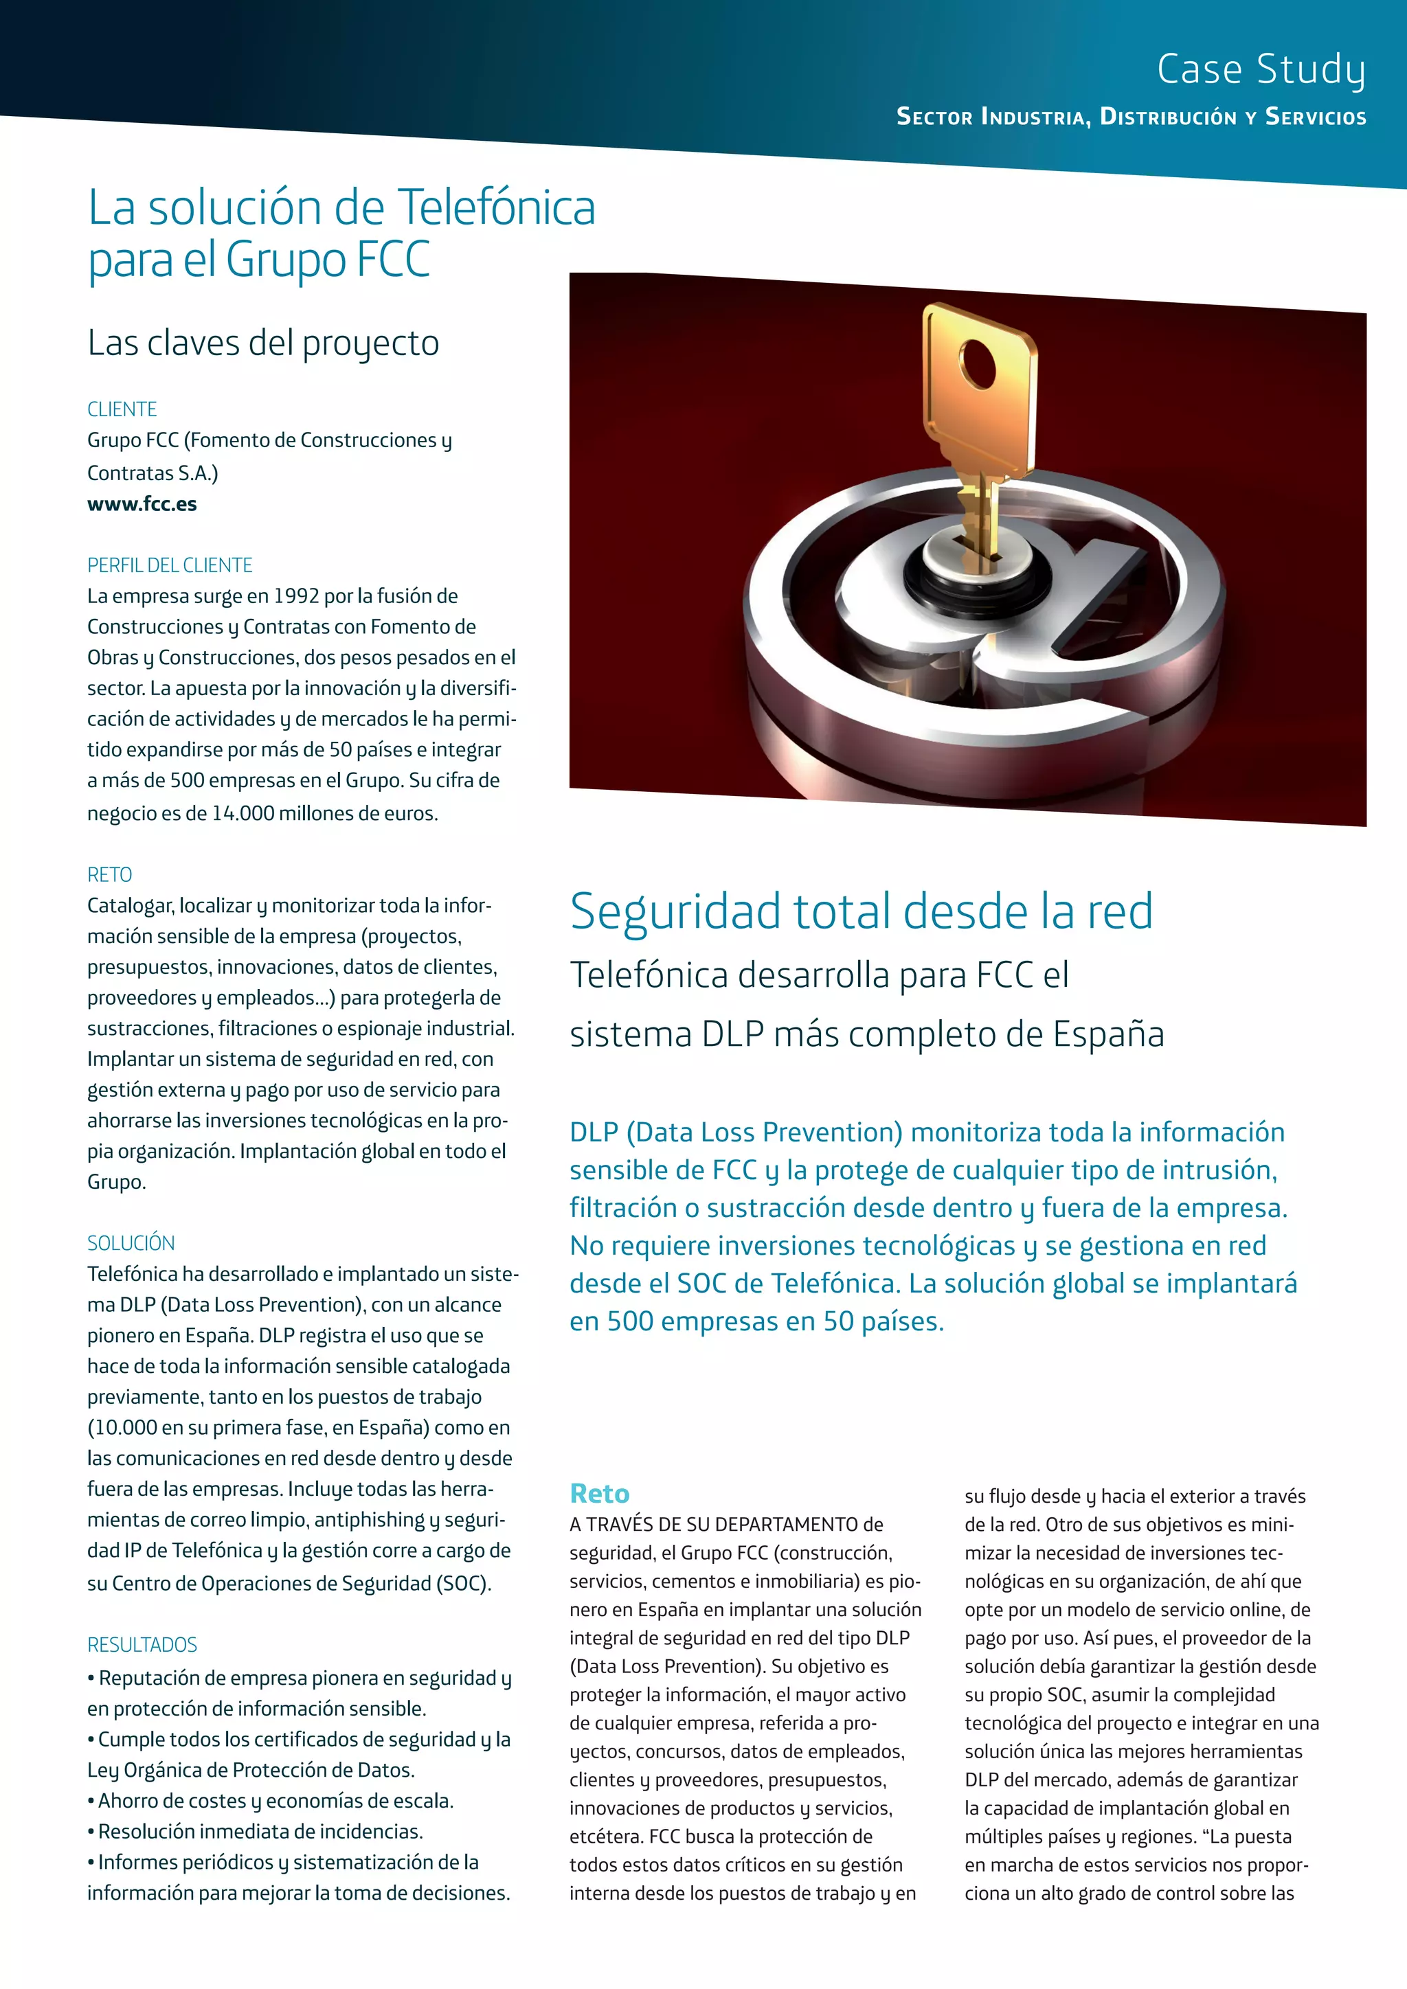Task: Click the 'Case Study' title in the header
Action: [x=1261, y=69]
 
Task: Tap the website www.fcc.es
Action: [x=142, y=504]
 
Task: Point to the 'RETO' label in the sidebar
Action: [x=110, y=874]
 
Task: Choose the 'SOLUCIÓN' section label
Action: [x=131, y=1242]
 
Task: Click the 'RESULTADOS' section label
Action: [x=142, y=1644]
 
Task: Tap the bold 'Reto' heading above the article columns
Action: [x=600, y=1494]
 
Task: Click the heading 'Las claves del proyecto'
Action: [x=263, y=343]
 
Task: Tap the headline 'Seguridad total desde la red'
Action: [x=862, y=911]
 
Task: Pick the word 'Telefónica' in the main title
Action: [x=497, y=208]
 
